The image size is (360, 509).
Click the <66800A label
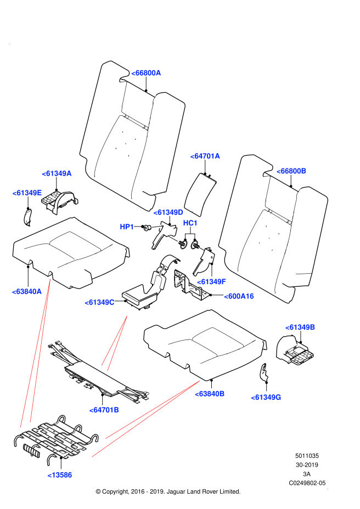click(x=146, y=73)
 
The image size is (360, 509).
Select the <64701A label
click(x=205, y=156)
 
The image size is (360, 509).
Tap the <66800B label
click(x=291, y=171)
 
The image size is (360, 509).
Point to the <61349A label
click(x=57, y=173)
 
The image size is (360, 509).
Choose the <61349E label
click(x=27, y=193)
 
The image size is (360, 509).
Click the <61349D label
click(x=168, y=212)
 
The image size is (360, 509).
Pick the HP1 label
click(x=127, y=227)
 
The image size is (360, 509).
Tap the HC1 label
click(x=190, y=223)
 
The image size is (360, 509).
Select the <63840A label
click(x=26, y=292)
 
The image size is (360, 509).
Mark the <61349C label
click(x=99, y=302)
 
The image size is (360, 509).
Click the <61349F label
click(x=211, y=282)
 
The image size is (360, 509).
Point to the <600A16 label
click(x=239, y=296)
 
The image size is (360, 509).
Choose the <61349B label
click(x=300, y=327)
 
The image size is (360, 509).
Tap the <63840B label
click(x=210, y=394)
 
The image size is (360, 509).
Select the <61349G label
click(x=266, y=397)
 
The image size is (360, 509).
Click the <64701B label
click(x=104, y=410)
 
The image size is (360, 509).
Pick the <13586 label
click(x=59, y=475)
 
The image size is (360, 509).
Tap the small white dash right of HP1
click(x=156, y=227)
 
